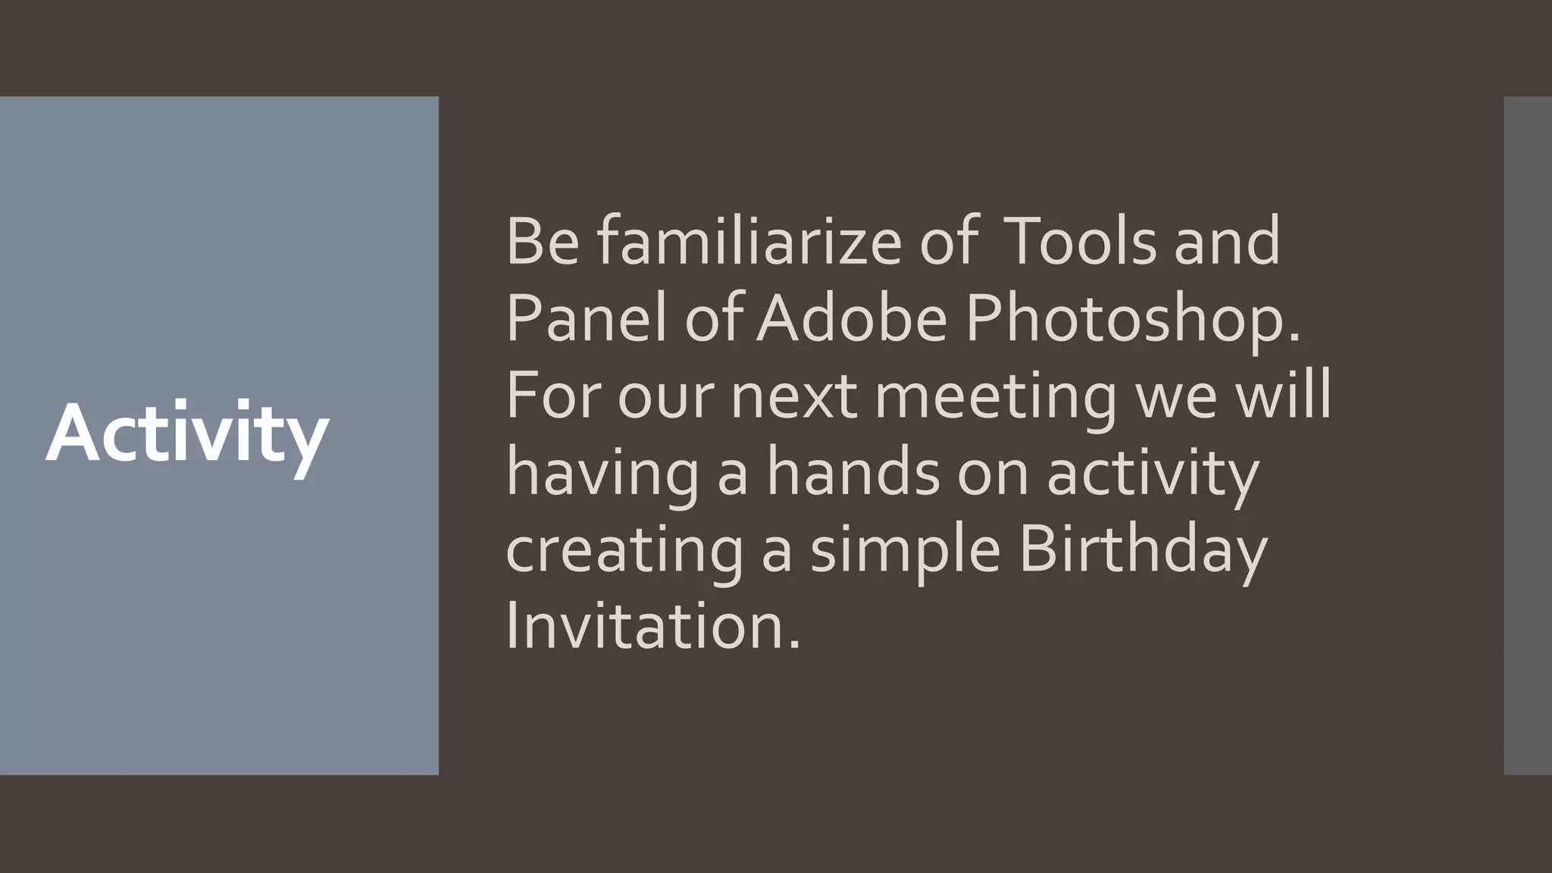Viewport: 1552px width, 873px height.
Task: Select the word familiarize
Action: click(749, 242)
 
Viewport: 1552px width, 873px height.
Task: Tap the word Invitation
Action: click(652, 627)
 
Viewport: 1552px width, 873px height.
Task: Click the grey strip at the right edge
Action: click(1528, 435)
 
